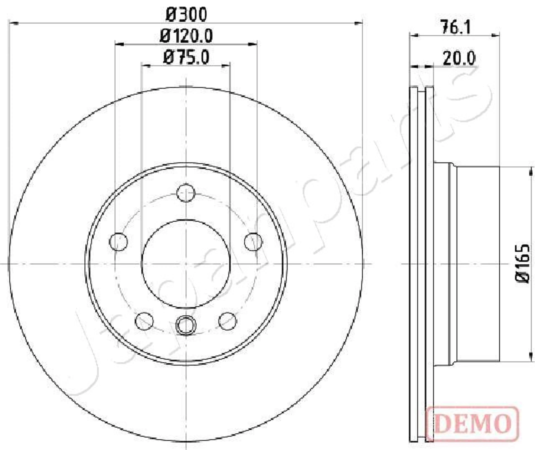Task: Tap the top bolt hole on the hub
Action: pos(186,193)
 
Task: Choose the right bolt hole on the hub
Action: pos(253,241)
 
